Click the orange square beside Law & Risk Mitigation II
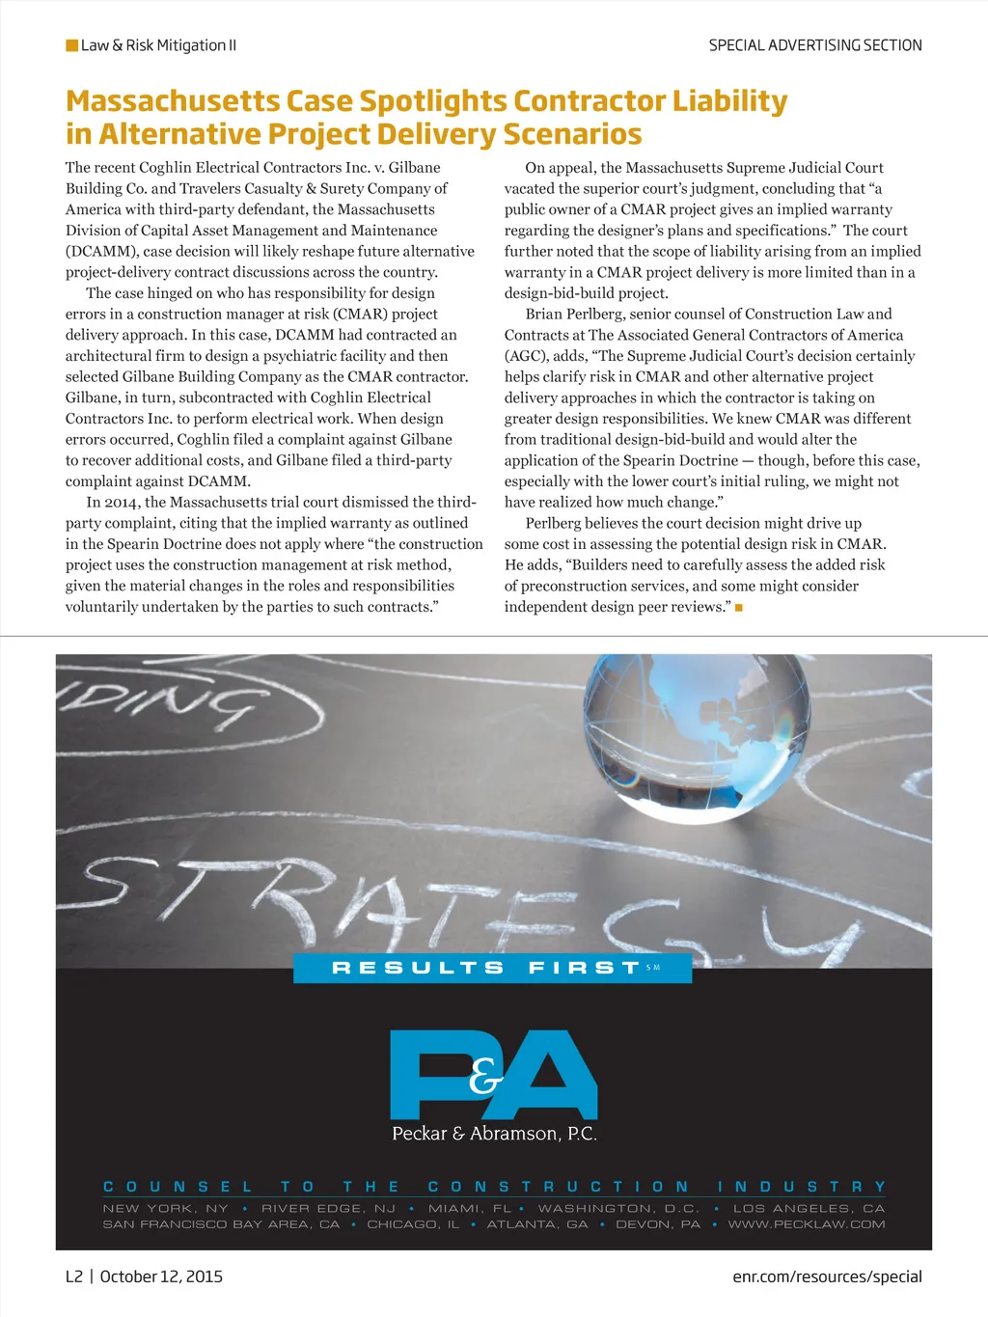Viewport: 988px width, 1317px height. pos(71,45)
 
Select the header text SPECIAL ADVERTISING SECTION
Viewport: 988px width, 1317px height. pos(815,45)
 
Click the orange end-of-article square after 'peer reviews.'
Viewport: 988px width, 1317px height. pos(738,607)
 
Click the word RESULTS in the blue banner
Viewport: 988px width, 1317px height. pos(418,968)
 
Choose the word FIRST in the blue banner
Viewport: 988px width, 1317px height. pos(584,968)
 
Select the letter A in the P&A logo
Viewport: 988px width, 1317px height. pos(553,1073)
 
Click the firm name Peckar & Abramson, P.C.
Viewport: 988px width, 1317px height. pos(494,1134)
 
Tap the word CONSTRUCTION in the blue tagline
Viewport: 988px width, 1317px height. pos(559,1187)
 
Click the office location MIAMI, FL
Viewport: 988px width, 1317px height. pos(470,1208)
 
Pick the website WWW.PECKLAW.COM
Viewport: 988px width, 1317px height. pos(807,1224)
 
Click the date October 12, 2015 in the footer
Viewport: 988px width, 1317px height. pos(161,1276)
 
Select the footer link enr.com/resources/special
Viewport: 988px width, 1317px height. pos(827,1276)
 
